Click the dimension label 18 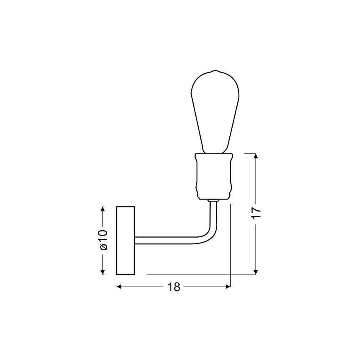point(174,287)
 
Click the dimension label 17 point(257,214)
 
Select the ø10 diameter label point(103,240)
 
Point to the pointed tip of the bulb point(215,71)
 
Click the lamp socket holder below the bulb point(214,176)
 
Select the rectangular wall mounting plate point(125,241)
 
